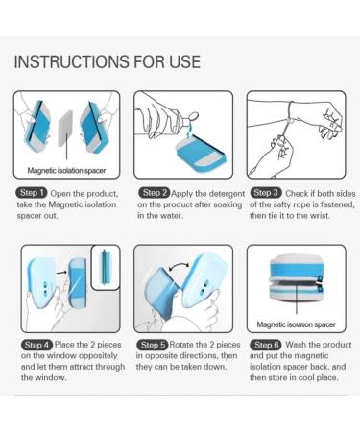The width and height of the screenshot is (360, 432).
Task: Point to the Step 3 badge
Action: click(270, 192)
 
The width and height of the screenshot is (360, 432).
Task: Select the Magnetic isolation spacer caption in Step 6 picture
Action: click(296, 324)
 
